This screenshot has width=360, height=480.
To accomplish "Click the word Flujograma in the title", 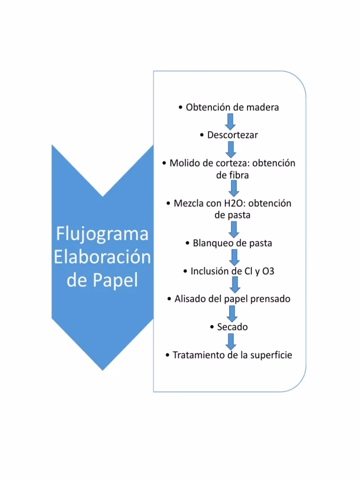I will tap(102, 233).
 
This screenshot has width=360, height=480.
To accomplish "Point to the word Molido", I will tap(185, 163).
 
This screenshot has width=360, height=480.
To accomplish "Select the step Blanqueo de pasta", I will tap(232, 243).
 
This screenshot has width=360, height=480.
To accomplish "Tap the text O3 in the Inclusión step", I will tap(268, 271).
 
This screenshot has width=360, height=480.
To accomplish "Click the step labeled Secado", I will tap(232, 327).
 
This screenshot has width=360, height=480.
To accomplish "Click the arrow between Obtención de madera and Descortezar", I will tap(231, 121).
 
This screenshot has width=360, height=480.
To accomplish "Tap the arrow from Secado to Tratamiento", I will tap(230, 341).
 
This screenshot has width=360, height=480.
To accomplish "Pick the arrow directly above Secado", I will tap(231, 313).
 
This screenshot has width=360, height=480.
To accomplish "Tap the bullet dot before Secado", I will tap(213, 327).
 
